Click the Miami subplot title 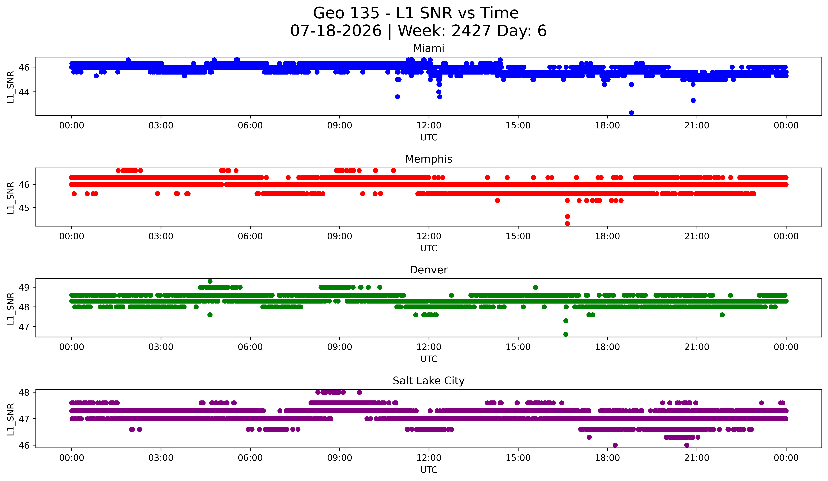pos(428,48)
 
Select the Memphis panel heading pos(428,159)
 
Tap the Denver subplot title pos(428,270)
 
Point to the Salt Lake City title pos(428,381)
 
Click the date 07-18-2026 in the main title pos(336,31)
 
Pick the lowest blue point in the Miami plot pos(631,113)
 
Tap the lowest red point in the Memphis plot pos(567,224)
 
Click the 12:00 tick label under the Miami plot pos(429,126)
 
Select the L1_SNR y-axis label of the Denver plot pos(10,308)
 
